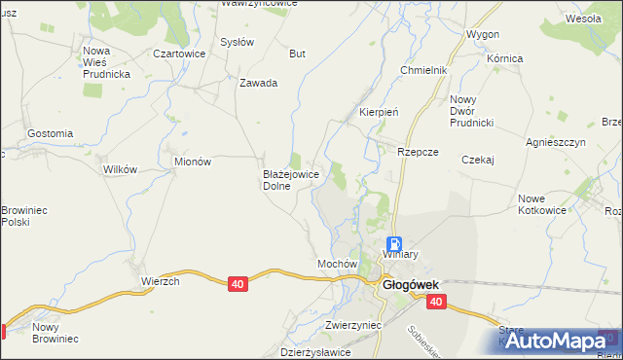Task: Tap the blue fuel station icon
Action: pos(394,244)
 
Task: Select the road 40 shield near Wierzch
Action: pos(238,283)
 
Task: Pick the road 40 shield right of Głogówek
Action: pos(435,303)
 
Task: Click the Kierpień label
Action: pos(380,112)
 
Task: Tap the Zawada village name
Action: pos(259,83)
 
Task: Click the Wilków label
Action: pos(119,168)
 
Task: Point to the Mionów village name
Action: pos(192,162)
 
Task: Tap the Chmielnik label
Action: pos(423,71)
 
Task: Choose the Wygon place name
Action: pos(483,34)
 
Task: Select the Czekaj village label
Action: pos(479,160)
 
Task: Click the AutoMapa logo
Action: pos(551,342)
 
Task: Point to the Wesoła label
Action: pos(583,18)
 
